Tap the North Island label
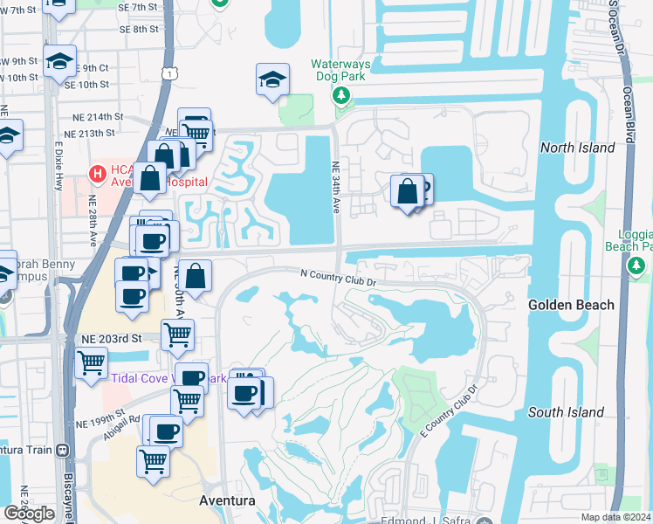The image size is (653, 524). pos(577,148)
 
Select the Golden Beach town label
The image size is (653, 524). pos(571,305)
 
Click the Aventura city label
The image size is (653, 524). pos(227,501)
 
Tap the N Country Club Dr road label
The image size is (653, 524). pos(338,277)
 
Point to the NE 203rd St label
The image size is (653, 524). pos(118,337)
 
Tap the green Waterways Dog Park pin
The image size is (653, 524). pos(340,102)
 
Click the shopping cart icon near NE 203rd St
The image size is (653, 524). pos(178,334)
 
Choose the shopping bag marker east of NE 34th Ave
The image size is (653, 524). pos(407,191)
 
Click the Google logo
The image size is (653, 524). pos(29,514)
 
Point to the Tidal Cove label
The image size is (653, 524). pos(141,377)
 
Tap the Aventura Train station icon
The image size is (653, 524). pos(61,451)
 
